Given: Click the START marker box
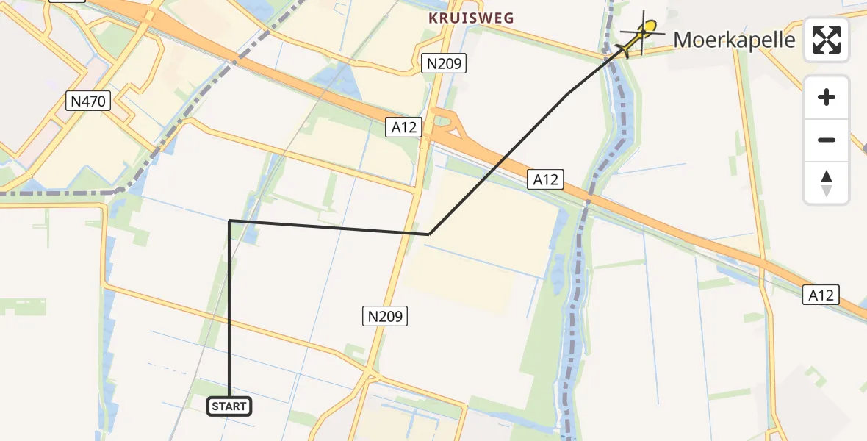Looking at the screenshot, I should click(229, 406).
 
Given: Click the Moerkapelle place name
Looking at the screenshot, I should click(734, 39).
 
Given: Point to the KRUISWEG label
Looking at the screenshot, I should click(471, 18).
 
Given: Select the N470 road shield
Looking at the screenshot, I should click(88, 101).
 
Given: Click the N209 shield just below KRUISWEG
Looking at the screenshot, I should click(445, 64).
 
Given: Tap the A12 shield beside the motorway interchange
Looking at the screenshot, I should click(404, 127).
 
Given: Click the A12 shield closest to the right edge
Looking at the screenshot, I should click(821, 295).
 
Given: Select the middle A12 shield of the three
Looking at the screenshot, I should click(545, 179).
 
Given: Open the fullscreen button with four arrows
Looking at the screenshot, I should click(827, 40).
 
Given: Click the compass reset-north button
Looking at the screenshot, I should click(827, 183).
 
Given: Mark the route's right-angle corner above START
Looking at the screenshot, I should click(230, 220).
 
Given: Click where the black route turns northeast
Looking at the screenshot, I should click(429, 234).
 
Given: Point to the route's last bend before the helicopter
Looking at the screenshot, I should click(569, 93).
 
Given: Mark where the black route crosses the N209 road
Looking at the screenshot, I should click(409, 232).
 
